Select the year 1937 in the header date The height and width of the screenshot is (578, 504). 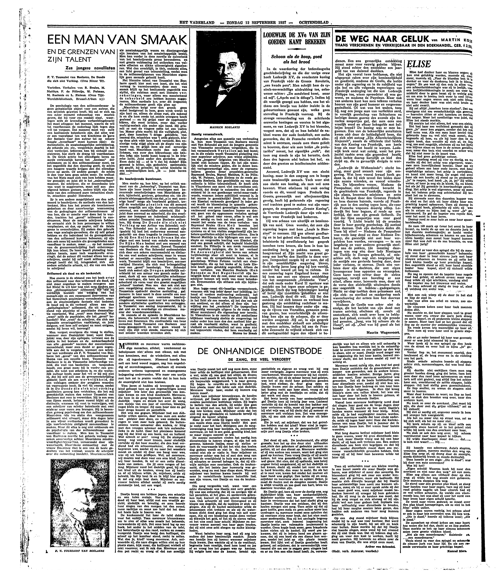tap(281, 23)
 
